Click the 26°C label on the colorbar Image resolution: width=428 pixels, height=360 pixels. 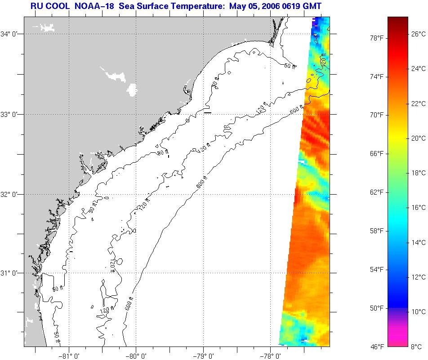pyautogui.click(x=419, y=34)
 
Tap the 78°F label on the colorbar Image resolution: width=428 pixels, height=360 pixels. pyautogui.click(x=376, y=38)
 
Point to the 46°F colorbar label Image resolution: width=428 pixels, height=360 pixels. pyautogui.click(x=376, y=347)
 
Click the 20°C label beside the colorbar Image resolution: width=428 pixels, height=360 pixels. pyautogui.click(x=419, y=138)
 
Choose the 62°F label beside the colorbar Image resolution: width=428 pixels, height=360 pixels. pyautogui.click(x=376, y=192)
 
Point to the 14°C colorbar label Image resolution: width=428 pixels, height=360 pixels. pyautogui.click(x=419, y=242)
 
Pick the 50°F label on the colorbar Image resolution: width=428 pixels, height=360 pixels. pyautogui.click(x=376, y=308)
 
